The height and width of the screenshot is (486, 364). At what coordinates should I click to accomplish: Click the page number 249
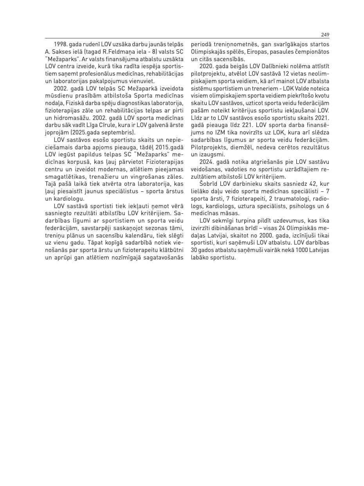pos(325,35)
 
